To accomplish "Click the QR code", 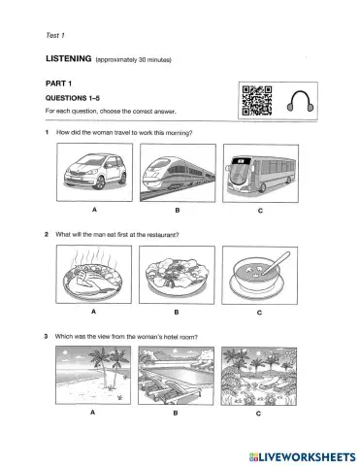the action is tap(257, 101).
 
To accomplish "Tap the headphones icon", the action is tap(301, 101).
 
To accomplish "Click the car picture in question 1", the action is tap(95, 173).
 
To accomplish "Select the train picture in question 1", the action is tap(178, 173).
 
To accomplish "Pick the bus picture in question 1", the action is tap(261, 174).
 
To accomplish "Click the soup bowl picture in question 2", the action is tap(260, 276).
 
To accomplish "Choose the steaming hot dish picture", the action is tap(94, 274).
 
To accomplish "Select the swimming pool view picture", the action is tap(176, 376).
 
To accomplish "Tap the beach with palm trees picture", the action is tap(93, 375).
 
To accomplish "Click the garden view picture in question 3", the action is tap(259, 377).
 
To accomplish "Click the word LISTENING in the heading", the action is tap(69, 58).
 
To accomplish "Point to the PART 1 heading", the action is tap(58, 83).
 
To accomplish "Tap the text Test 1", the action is tap(55, 35).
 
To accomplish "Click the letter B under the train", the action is tap(178, 210).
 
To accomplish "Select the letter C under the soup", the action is tap(259, 313).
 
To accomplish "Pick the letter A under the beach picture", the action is tap(93, 413).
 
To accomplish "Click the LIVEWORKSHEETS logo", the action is tap(303, 457).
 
